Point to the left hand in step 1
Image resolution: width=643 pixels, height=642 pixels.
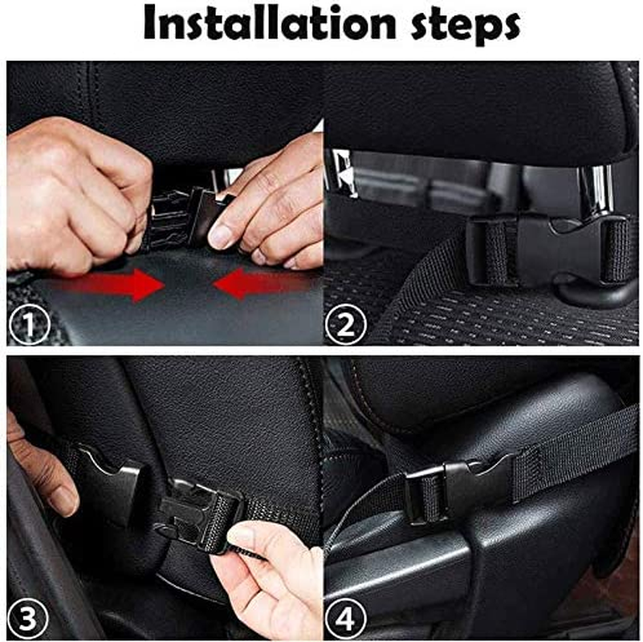(x=76, y=189)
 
